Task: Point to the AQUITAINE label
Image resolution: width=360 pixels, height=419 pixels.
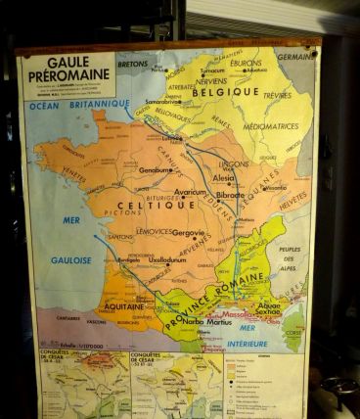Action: (124, 305)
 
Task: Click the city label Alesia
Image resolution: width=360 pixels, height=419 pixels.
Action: (224, 178)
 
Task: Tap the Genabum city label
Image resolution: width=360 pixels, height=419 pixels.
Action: (156, 170)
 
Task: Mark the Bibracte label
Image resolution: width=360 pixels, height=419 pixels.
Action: (231, 195)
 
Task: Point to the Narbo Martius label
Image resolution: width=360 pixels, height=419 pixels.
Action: (207, 320)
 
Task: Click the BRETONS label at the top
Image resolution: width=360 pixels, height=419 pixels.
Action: (132, 65)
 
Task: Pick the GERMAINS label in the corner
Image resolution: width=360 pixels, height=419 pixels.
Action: (295, 57)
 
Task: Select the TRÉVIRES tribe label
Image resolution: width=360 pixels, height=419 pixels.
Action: (277, 95)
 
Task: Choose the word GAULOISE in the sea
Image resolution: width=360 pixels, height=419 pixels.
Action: (70, 260)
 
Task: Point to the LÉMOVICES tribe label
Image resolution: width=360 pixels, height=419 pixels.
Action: (156, 231)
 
